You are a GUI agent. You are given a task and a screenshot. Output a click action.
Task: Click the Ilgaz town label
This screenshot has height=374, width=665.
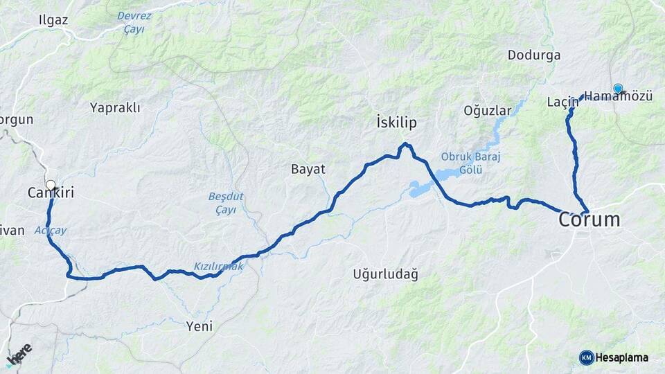coord(53,20)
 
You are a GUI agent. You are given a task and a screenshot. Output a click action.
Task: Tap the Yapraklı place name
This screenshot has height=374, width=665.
coord(115,107)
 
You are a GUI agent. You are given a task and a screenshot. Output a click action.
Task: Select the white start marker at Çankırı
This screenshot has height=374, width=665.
coord(51,186)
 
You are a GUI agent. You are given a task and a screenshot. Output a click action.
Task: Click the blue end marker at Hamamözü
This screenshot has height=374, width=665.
coord(618,89)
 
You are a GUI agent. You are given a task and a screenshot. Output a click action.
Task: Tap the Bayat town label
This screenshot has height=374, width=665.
coord(308,169)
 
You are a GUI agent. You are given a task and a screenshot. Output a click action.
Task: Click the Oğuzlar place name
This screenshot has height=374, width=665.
coord(488,110)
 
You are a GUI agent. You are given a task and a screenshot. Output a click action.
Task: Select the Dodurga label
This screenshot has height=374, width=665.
coord(533,55)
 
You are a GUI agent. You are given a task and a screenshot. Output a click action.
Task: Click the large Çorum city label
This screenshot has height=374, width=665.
coord(589,220)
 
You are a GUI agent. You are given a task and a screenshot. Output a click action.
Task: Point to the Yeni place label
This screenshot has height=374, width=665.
coord(199,326)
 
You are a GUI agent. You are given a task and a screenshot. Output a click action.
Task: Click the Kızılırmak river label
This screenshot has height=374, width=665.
coord(218,266)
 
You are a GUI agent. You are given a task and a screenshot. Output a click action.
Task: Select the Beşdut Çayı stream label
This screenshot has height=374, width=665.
coord(222,203)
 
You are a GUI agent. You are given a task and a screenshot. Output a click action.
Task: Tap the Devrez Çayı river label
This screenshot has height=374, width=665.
coord(134,22)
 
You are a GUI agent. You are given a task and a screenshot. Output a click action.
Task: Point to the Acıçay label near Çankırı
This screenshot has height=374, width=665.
coord(50,231)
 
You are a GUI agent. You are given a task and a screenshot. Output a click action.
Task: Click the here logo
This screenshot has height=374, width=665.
coord(19,354)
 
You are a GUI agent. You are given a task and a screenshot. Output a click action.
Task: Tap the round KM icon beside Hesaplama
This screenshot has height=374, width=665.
coord(587,357)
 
